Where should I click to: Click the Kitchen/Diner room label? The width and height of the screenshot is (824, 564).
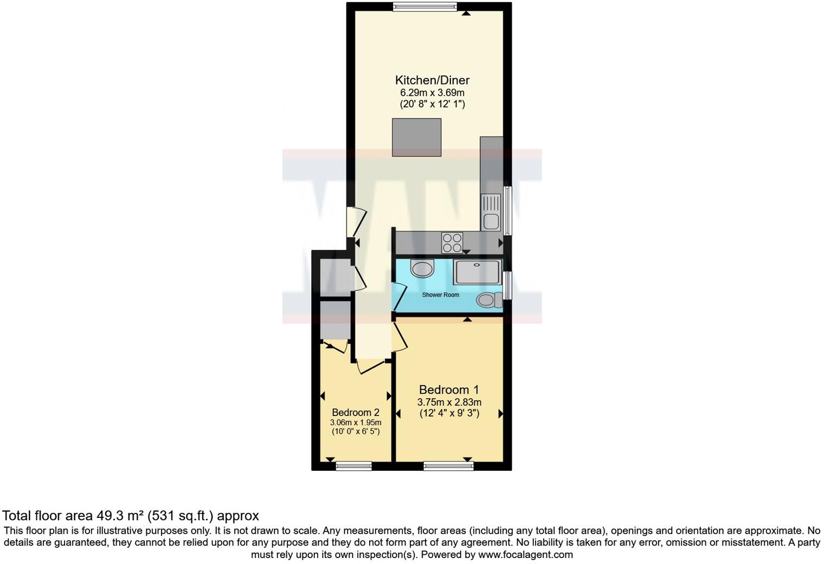(x=432, y=80)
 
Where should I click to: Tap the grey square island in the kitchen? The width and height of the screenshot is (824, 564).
(x=416, y=137)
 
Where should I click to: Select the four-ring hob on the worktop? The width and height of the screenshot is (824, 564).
(x=452, y=242)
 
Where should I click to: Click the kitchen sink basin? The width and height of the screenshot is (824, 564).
(x=491, y=221)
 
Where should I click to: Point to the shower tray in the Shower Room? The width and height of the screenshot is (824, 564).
(x=477, y=272)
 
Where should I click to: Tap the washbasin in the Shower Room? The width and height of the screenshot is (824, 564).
(x=422, y=268)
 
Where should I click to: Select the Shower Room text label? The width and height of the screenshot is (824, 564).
(x=440, y=295)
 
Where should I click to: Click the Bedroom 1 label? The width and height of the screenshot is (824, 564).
(x=449, y=389)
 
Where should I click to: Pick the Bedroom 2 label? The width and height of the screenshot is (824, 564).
(x=356, y=412)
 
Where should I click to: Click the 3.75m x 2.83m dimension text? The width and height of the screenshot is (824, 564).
(x=449, y=402)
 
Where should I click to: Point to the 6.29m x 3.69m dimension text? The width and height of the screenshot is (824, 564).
(x=432, y=93)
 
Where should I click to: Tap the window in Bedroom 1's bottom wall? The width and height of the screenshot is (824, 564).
(x=448, y=465)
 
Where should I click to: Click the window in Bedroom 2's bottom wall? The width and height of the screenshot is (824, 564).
(x=353, y=465)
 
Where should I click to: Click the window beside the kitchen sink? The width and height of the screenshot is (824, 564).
(x=508, y=210)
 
